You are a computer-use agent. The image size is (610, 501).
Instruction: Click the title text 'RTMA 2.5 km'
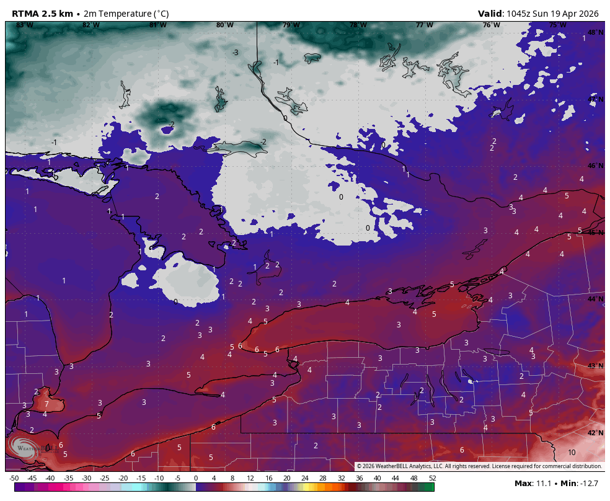[42, 14]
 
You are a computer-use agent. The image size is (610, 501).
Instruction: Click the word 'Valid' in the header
[490, 14]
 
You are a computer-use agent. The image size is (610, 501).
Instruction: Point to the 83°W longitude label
[24, 25]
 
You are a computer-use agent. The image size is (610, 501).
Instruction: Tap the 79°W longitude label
[291, 25]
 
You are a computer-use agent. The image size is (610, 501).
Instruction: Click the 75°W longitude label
[557, 25]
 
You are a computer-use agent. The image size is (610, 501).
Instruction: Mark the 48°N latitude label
[595, 32]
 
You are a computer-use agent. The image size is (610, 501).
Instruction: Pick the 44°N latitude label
[595, 299]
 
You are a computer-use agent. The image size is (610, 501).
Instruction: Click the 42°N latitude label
[595, 433]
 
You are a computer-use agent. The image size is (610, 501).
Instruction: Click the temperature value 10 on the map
[572, 452]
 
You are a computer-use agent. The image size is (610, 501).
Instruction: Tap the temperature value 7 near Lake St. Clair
[46, 404]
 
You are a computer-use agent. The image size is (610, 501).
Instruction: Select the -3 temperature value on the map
[235, 53]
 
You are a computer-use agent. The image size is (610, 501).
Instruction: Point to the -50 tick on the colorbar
[14, 478]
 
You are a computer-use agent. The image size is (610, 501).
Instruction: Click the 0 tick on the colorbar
[196, 478]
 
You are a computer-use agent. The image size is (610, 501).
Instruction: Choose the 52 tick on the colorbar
[432, 478]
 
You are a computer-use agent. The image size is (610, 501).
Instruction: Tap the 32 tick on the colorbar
[341, 478]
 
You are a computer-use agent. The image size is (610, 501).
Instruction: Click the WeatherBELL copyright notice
[479, 466]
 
